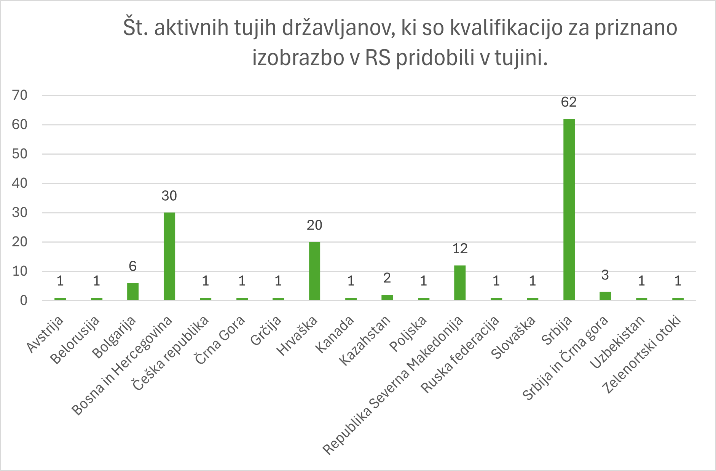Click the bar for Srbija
569,209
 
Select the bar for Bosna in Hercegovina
169,256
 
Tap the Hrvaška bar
314,271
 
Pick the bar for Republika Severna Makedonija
459,283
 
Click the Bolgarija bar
133,292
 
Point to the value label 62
569,102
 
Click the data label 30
169,196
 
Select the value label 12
460,249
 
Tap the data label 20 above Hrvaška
314,225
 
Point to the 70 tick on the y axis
20,95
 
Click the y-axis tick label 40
20,183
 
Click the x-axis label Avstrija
46,334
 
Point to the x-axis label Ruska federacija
460,354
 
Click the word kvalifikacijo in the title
506,28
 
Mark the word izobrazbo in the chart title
293,58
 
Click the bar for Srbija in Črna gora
605,296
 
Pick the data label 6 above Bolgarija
133,266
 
